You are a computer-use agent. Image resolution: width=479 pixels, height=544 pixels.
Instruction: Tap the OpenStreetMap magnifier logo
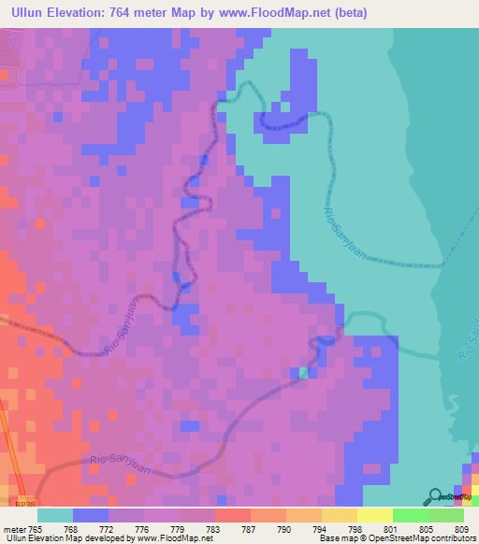(433, 495)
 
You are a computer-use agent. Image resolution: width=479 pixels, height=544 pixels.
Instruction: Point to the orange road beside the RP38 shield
(7, 467)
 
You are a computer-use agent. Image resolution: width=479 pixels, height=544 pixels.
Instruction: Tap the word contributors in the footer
(451, 538)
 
